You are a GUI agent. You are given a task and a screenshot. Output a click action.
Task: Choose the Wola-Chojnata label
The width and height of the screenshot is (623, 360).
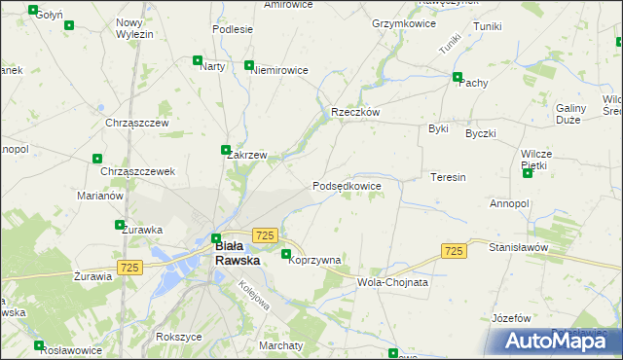click(x=393, y=282)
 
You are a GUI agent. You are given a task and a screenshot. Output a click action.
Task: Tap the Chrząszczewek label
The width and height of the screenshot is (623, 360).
click(x=137, y=171)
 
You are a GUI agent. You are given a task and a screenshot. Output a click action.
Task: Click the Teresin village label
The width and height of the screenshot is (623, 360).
click(x=449, y=178)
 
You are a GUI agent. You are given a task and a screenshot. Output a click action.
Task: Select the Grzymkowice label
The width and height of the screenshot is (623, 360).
click(x=402, y=21)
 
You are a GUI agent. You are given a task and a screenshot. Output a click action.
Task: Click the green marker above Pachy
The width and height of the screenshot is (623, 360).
click(x=458, y=76)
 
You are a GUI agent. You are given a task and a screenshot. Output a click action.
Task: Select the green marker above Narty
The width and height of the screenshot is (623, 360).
click(x=199, y=59)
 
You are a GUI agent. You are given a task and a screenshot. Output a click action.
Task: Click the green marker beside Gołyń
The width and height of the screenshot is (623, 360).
click(x=33, y=11)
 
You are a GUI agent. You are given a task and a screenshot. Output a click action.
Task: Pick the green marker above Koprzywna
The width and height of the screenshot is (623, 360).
click(x=286, y=255)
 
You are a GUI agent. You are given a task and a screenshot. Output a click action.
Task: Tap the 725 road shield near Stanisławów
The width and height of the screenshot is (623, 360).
click(x=453, y=251)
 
